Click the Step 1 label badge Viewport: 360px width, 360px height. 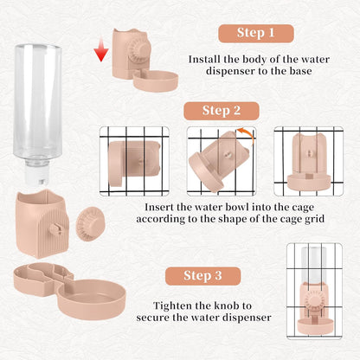(x=256, y=34)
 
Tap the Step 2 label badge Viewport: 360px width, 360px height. (x=222, y=111)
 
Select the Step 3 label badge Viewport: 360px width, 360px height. (x=202, y=276)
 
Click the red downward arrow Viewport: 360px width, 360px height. (x=101, y=49)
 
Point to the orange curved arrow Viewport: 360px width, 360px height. (x=248, y=135)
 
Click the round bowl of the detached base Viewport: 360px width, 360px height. (x=92, y=299)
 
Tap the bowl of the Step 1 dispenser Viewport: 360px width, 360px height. (x=156, y=81)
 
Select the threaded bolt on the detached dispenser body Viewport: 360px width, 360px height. (x=56, y=228)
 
